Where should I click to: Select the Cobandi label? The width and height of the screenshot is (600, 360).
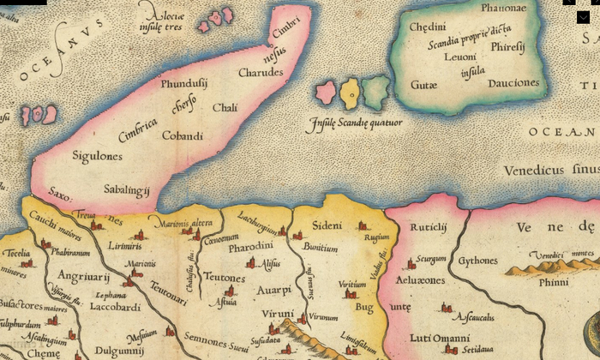point(183,135)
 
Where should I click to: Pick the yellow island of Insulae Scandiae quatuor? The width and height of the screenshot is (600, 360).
point(349,91)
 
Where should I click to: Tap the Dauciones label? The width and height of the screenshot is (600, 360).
point(513,83)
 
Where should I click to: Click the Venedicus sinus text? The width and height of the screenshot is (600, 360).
point(549,170)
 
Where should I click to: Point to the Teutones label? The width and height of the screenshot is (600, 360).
point(225,278)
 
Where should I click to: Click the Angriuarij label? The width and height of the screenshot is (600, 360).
point(83,276)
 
